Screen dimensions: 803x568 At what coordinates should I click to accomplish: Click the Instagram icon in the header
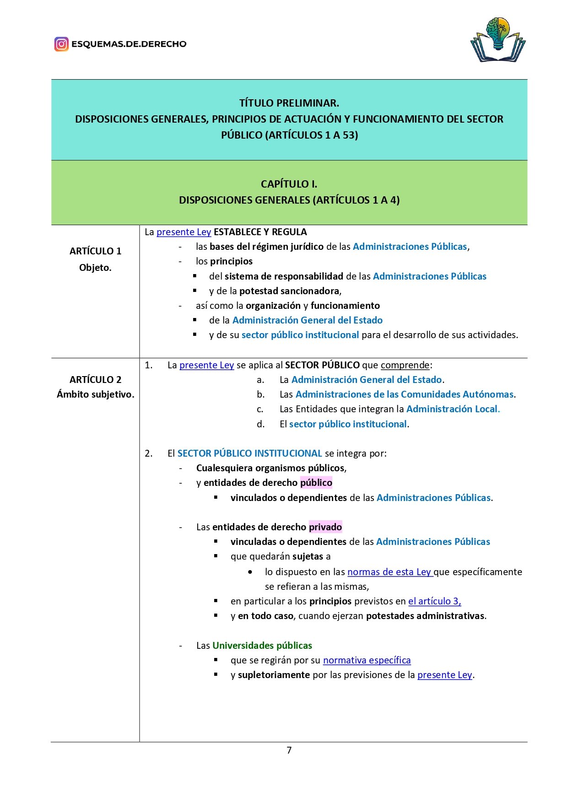pyautogui.click(x=61, y=44)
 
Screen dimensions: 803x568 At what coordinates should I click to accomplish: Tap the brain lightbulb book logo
pyautogui.click(x=498, y=40)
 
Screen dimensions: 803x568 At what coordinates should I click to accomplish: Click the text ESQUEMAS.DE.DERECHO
pyautogui.click(x=129, y=44)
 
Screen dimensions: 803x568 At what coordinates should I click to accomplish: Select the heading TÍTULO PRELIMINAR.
pyautogui.click(x=289, y=103)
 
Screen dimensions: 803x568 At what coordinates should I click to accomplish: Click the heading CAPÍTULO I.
pyautogui.click(x=289, y=184)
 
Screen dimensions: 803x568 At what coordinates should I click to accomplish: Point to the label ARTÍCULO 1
pyautogui.click(x=95, y=251)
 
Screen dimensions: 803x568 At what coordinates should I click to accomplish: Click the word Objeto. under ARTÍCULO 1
pyautogui.click(x=95, y=268)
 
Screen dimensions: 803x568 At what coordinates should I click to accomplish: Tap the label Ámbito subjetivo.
pyautogui.click(x=95, y=394)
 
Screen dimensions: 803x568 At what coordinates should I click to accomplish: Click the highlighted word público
pyautogui.click(x=316, y=483)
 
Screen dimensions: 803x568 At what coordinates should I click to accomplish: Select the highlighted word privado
pyautogui.click(x=325, y=527)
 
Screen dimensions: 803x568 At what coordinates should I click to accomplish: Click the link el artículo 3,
pyautogui.click(x=434, y=601)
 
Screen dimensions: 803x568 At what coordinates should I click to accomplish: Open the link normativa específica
pyautogui.click(x=367, y=660)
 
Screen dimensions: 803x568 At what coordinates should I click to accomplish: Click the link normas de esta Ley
pyautogui.click(x=389, y=572)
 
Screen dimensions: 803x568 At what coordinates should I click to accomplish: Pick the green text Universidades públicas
pyautogui.click(x=262, y=646)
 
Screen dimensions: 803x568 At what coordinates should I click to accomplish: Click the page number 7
pyautogui.click(x=289, y=750)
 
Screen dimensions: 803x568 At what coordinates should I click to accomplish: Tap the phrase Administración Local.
pyautogui.click(x=453, y=409)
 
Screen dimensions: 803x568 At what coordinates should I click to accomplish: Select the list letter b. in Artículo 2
pyautogui.click(x=260, y=394)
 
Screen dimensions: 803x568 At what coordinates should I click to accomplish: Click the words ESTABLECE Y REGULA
pyautogui.click(x=260, y=232)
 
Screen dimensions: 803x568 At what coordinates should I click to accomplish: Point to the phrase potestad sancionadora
pyautogui.click(x=289, y=291)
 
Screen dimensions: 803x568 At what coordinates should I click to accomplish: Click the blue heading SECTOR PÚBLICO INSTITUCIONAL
pyautogui.click(x=249, y=453)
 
